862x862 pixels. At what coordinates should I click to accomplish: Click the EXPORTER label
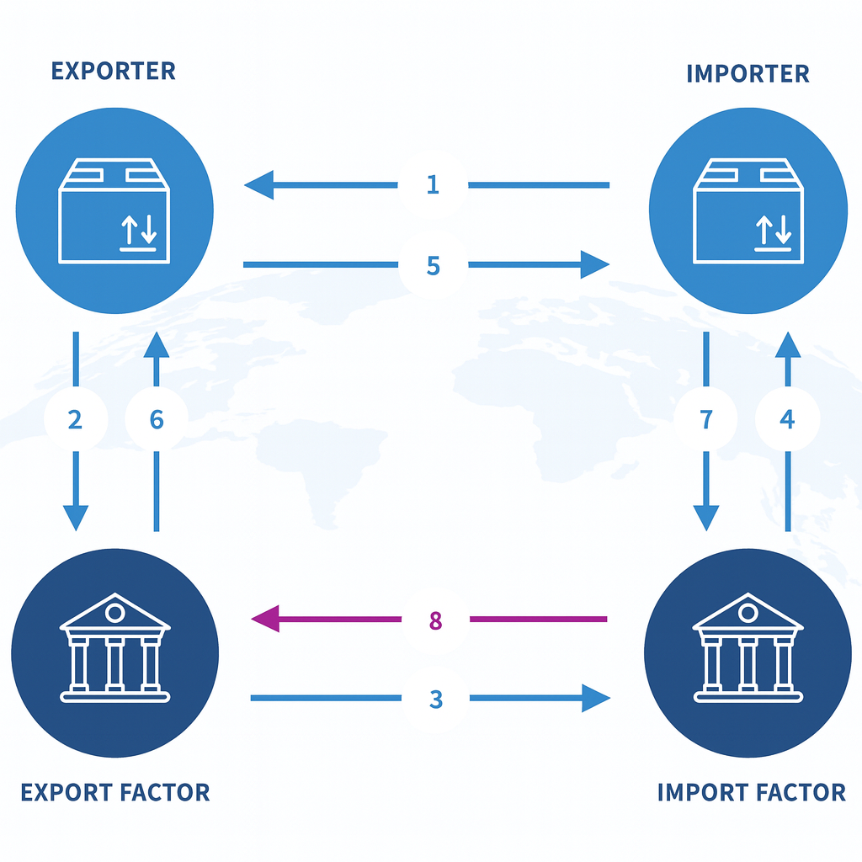[x=114, y=71]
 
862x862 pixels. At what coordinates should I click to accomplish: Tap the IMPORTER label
[x=748, y=73]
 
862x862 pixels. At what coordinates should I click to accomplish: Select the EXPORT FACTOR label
[x=114, y=792]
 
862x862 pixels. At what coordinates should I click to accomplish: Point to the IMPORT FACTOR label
[x=751, y=792]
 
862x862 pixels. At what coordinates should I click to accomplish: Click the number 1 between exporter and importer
[x=433, y=184]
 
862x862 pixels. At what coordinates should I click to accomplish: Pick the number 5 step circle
[x=433, y=265]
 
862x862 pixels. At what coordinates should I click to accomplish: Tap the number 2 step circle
[x=75, y=418]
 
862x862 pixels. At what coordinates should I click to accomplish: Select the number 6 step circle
[x=157, y=418]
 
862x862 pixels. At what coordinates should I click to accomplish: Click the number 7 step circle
[x=705, y=418]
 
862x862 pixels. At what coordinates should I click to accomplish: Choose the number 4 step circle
[x=787, y=418]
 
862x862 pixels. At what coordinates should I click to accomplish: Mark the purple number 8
[x=435, y=621]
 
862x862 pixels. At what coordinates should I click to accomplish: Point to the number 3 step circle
[x=435, y=699]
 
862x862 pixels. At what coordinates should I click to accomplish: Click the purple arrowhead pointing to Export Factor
[x=265, y=620]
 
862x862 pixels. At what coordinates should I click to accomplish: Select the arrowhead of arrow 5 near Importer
[x=595, y=265]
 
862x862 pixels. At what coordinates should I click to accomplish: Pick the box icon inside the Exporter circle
[x=114, y=215]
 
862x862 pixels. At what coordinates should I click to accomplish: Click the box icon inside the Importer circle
[x=748, y=215]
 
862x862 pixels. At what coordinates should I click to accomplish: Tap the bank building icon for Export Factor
[x=114, y=647]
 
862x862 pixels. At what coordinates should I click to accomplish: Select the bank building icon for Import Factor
[x=748, y=647]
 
